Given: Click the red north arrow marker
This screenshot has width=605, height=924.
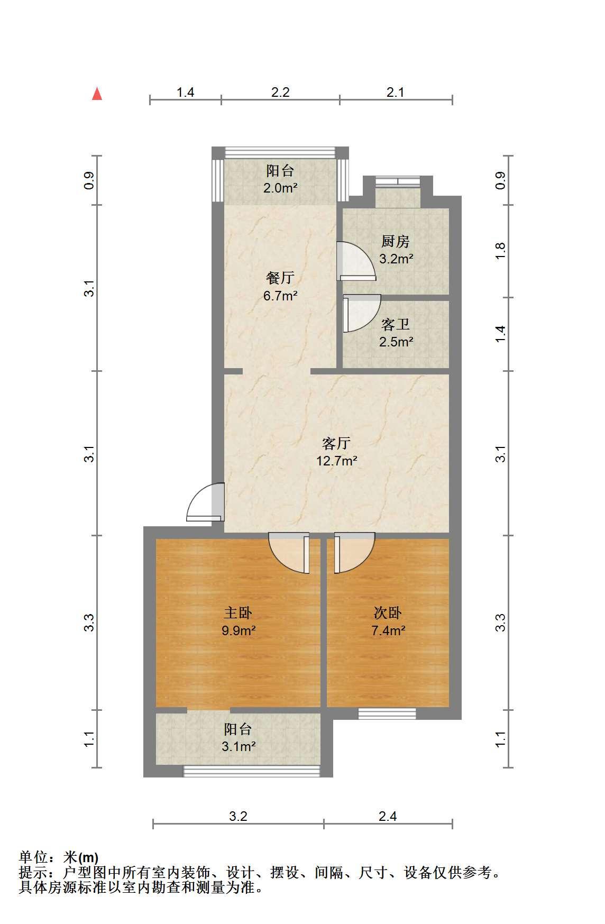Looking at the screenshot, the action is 97,94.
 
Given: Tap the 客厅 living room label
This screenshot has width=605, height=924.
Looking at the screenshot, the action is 336,443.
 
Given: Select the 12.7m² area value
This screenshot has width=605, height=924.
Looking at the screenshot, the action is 337,461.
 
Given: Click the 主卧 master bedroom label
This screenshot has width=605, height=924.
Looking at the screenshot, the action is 238,613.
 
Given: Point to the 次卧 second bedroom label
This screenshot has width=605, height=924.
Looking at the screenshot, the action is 388,613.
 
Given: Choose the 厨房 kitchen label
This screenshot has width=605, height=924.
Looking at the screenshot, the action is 396,242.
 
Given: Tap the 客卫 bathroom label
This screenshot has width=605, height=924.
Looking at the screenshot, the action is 396,324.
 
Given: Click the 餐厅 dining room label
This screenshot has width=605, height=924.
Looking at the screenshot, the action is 280,278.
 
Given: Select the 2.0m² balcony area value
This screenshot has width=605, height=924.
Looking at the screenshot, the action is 280,188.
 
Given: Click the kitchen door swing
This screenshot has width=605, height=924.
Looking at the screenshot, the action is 356,261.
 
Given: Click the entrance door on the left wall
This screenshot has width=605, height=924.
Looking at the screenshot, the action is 206,502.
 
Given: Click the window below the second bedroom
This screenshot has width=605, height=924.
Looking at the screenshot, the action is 387,713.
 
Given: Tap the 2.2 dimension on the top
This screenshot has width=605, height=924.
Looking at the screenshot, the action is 280,93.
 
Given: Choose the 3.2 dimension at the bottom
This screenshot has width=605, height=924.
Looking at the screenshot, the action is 238,816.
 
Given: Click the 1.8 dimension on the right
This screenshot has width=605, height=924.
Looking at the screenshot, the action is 500,250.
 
